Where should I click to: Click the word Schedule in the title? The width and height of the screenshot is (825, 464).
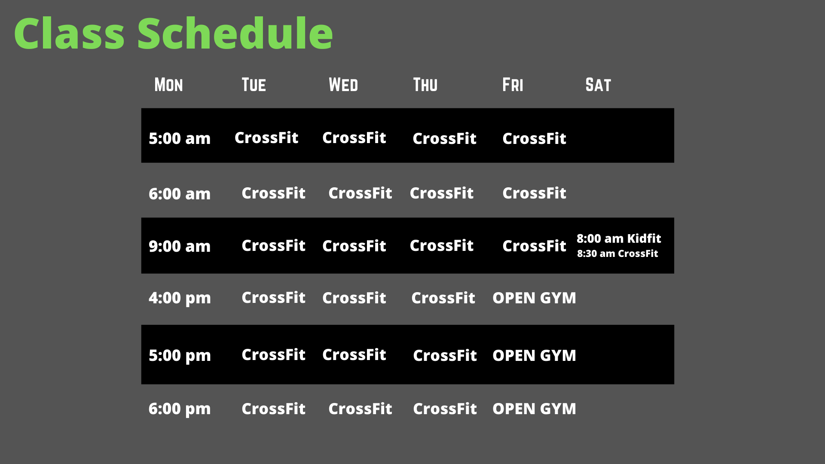coord(235,33)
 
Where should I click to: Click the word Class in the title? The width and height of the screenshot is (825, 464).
coord(69,33)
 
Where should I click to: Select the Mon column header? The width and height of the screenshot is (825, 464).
coord(168,85)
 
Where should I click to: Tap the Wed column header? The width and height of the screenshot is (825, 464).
coord(343,85)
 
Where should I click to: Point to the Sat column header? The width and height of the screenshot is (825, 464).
coord(598,85)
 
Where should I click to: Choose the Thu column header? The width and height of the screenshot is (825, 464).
coord(425,85)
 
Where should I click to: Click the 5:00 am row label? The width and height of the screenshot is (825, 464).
coord(180,138)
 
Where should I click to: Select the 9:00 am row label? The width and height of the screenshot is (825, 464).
coord(180,246)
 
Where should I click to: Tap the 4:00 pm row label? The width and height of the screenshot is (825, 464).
coord(180,298)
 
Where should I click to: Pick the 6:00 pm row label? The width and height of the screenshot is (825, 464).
coord(180,409)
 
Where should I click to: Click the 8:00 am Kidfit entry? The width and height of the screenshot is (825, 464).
coord(619,238)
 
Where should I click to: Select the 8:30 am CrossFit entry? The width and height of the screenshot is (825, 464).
coord(617,253)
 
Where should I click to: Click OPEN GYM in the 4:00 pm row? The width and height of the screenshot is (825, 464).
coord(534,298)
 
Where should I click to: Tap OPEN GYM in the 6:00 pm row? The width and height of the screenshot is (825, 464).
coord(534,409)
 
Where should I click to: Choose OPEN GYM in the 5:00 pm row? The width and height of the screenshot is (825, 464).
coord(534,355)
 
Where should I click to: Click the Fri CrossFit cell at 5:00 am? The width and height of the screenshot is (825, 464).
coord(534,138)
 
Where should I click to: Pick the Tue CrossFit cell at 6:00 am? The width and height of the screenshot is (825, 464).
coord(273,193)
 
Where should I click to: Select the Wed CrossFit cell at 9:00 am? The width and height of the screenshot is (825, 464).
coord(354,246)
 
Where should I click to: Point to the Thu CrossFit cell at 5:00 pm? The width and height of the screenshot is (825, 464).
coord(445,355)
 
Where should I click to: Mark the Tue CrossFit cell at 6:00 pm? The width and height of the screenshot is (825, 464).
coord(273,409)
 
